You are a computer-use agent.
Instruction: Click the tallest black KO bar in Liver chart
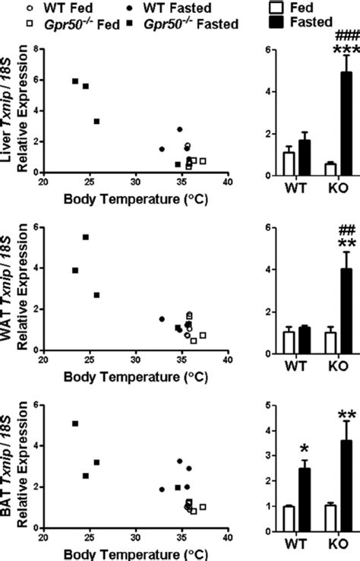click(324, 124)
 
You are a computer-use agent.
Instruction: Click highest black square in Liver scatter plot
click(75, 81)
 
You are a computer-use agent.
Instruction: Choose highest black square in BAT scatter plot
click(75, 423)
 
